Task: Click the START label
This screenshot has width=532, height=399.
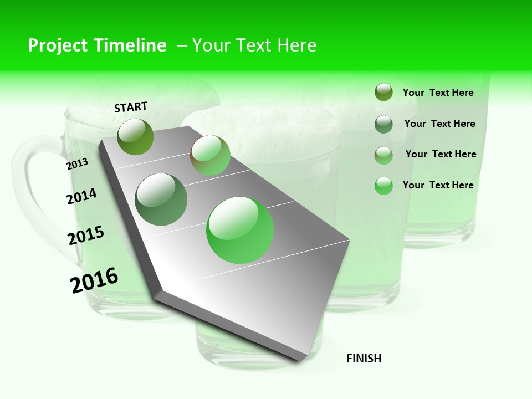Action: pos(131,107)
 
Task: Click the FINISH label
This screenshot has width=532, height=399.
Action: pos(364,359)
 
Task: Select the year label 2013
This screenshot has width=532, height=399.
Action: pos(77,164)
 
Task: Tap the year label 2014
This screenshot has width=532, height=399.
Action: pos(81,196)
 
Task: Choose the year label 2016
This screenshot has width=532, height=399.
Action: pos(94,280)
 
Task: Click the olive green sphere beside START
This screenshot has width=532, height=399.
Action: pos(135,136)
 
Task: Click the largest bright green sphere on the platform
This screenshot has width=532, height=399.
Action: pos(240,230)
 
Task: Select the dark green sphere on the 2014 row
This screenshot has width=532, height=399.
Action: pos(161,199)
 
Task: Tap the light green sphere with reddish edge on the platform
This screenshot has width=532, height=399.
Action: pos(210,155)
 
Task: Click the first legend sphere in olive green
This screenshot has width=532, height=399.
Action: pos(383,93)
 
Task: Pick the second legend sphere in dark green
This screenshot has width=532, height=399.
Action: pos(383,124)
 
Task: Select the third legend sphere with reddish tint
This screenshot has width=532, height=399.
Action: pos(383,155)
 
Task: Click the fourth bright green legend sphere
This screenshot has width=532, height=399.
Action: pos(383,186)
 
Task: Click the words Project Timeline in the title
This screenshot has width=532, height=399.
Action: pos(97,45)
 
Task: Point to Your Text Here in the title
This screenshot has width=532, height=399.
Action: pos(254,45)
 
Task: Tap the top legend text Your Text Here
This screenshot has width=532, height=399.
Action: pos(438,93)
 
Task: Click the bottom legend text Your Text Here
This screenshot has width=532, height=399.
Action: pos(438,185)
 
